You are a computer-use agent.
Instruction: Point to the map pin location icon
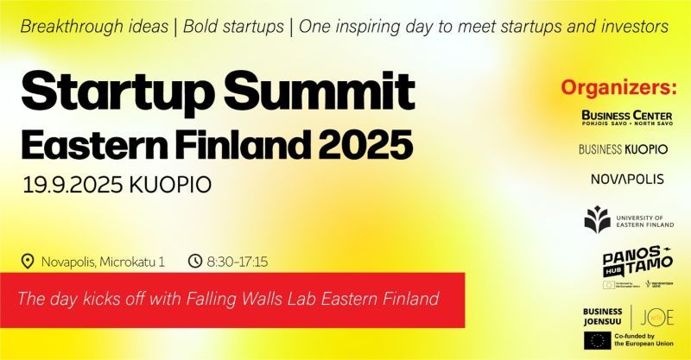click(28, 261)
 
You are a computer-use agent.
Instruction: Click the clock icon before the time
click(194, 261)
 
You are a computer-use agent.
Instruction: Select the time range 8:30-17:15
click(237, 261)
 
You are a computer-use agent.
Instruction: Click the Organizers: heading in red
click(618, 88)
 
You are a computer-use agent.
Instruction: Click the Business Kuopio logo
click(623, 149)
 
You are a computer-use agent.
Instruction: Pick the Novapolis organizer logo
click(623, 180)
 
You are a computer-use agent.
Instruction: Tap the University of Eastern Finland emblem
click(597, 220)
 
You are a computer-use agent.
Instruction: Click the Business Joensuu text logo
click(605, 316)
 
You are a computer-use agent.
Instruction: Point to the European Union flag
click(597, 340)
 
